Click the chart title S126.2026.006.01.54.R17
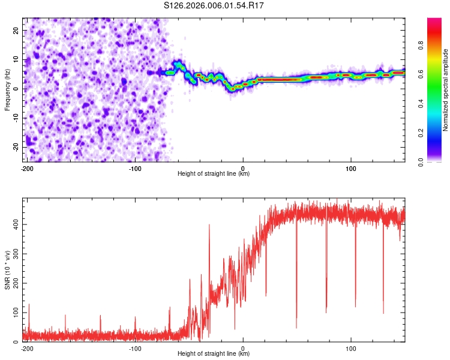pos(214,5)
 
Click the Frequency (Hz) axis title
pos(7,90)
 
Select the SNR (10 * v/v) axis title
pos(7,270)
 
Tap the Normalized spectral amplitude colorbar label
pos(445,90)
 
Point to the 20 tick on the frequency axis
pos(16,30)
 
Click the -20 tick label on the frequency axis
pos(16,147)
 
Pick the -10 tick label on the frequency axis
pos(16,118)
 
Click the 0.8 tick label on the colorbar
pos(421,46)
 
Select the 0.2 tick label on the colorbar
pos(421,133)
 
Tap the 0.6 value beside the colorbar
pos(421,74)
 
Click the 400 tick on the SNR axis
pos(16,224)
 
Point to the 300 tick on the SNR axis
pos(16,254)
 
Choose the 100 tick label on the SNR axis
pos(16,313)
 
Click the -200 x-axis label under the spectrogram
pos(27,169)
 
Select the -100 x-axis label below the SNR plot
pos(135,349)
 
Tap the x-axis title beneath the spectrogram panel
pos(214,173)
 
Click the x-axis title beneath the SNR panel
pos(214,353)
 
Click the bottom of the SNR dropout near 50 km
pos(296,328)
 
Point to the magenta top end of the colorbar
pos(434,19)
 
